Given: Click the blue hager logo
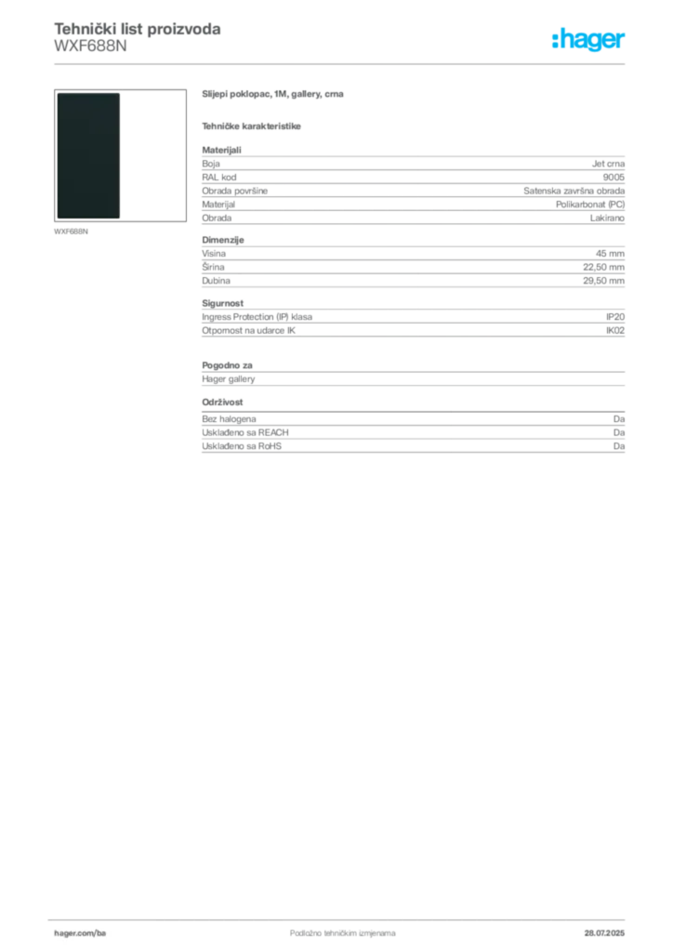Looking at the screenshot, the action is [x=589, y=41].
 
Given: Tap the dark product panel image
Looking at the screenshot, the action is [x=88, y=155].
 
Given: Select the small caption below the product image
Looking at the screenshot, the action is [x=71, y=231].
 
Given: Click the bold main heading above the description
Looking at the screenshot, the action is [x=274, y=95].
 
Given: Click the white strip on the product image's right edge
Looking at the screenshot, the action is [x=123, y=155].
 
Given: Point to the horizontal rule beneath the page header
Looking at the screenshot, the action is [x=342, y=65].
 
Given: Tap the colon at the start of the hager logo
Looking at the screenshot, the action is [x=553, y=42].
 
